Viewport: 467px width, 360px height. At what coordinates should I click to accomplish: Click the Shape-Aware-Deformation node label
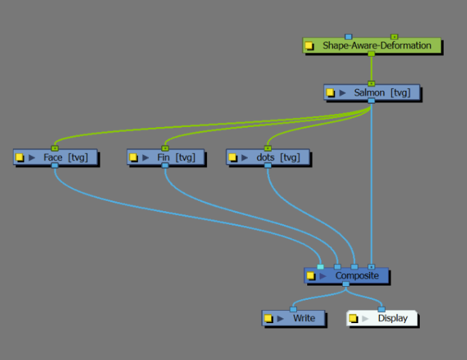coord(376,46)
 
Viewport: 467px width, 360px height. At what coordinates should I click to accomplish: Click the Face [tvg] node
coord(65,158)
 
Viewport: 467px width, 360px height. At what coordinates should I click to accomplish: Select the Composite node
coord(352,276)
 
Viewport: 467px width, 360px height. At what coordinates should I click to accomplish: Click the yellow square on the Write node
coord(268,318)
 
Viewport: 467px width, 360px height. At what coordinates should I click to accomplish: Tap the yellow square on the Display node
coord(353,318)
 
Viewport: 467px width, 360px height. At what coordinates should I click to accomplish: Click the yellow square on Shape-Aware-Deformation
coord(309,46)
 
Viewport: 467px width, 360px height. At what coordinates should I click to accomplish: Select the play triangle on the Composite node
coord(323,276)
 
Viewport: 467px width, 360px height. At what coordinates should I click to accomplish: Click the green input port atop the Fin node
coord(165,148)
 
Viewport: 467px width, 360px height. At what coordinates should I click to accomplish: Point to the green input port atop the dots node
coord(268,148)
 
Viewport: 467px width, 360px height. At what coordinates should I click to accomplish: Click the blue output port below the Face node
coord(55,166)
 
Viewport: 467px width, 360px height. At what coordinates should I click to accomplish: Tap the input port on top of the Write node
coord(293,309)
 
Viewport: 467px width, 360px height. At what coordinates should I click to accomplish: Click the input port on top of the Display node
coord(381,309)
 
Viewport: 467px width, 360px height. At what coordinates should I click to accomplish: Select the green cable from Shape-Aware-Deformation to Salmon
coord(371,68)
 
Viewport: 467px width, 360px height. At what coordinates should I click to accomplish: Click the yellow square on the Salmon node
coord(330,92)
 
